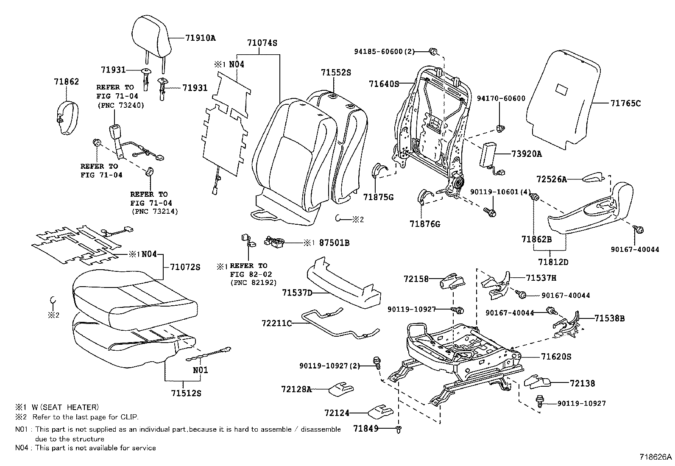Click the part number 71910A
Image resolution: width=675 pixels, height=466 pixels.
(x=200, y=38)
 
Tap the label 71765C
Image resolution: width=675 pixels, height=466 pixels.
(x=625, y=103)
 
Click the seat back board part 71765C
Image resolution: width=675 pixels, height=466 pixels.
(x=564, y=102)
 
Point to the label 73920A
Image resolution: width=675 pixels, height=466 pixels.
(x=526, y=154)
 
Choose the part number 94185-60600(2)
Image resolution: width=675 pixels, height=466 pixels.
(x=384, y=51)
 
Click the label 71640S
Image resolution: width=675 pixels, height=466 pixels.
(x=384, y=84)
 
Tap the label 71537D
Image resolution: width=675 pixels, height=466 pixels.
(x=297, y=293)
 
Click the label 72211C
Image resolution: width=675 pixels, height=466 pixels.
(x=277, y=324)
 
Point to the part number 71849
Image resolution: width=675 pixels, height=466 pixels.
(x=365, y=429)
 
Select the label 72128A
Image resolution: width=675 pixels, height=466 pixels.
(x=296, y=389)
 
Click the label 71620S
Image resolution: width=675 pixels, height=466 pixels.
(x=556, y=357)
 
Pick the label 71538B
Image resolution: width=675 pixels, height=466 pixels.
(x=609, y=318)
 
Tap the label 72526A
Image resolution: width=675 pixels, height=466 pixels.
(x=551, y=179)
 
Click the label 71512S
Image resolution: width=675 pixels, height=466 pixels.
(x=186, y=393)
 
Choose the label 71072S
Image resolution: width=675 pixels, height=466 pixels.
(x=185, y=267)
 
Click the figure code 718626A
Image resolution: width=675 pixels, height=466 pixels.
(x=656, y=457)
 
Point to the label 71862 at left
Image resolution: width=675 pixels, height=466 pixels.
(x=67, y=81)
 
